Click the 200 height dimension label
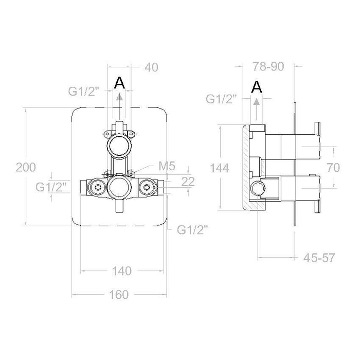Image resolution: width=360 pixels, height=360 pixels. pos(26,167)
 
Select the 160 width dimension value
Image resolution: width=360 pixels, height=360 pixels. pos(119,295)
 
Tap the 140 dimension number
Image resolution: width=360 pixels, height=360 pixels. pos(122,271)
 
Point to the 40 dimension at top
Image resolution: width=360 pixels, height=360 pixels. pos(151,67)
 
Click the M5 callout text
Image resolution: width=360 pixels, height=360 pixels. pos(167,166)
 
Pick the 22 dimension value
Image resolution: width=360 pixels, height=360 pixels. pos(188,182)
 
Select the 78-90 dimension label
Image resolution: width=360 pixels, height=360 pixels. pos(268,66)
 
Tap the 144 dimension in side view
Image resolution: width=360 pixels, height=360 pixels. pos(220,168)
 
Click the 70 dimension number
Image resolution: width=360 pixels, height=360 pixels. pos(333,167)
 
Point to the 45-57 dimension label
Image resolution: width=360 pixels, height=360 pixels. pos(319,258)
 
